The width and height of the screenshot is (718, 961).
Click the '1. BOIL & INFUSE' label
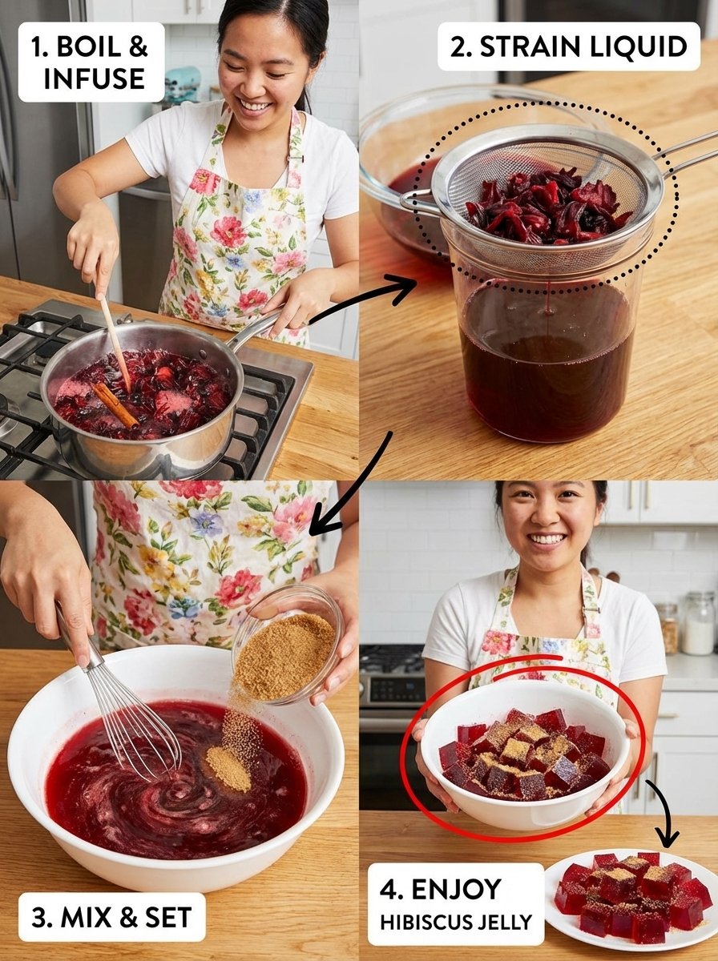click(91, 62)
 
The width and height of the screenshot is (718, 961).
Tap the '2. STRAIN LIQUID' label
click(569, 46)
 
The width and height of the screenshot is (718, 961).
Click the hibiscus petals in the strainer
click(549, 206)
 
